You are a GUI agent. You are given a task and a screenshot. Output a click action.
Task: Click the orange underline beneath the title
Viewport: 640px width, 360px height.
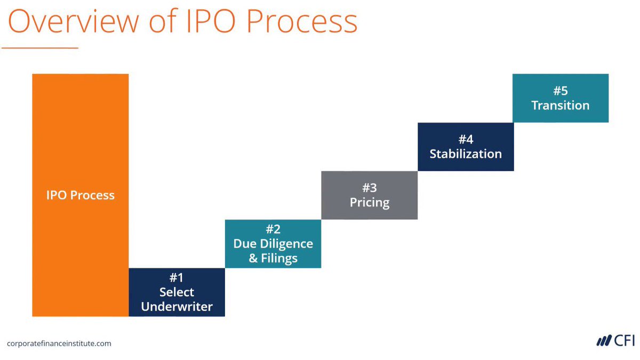tap(40, 48)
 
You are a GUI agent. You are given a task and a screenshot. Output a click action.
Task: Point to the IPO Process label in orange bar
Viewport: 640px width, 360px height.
tap(80, 195)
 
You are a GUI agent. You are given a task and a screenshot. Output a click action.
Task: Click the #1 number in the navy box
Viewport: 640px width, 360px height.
tap(177, 278)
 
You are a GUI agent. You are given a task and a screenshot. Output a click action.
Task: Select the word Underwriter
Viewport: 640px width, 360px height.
tap(177, 307)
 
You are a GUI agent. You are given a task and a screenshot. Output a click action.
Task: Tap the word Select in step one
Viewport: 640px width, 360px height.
tap(177, 292)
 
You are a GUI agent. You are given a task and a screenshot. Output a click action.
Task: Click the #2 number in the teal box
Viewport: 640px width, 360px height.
tap(273, 229)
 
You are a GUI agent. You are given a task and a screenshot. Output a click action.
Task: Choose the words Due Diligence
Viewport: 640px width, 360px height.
tap(273, 244)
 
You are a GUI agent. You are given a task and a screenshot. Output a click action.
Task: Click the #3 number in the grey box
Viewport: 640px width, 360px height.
tap(370, 188)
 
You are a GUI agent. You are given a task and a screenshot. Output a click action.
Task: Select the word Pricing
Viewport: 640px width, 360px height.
tap(370, 203)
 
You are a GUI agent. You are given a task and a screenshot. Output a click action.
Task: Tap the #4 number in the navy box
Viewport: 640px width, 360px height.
tap(466, 139)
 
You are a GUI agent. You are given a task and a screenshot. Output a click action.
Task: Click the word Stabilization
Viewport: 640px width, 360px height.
tap(466, 154)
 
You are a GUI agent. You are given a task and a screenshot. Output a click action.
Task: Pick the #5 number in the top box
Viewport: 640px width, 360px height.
tap(561, 91)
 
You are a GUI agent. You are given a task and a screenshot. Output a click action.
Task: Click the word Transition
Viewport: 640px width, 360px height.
tap(561, 105)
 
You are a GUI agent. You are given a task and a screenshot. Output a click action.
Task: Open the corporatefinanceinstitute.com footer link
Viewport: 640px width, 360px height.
tap(59, 343)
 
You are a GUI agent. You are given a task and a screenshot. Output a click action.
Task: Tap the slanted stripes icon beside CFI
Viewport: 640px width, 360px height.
tap(604, 341)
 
